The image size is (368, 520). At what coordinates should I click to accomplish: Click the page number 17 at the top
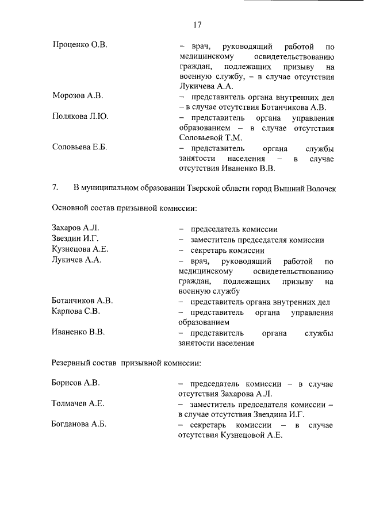pyautogui.click(x=197, y=25)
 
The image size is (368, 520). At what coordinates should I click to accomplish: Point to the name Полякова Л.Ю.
pyautogui.click(x=80, y=117)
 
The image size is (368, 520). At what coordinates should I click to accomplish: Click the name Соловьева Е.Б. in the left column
pyautogui.click(x=79, y=148)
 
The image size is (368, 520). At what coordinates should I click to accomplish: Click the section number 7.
pyautogui.click(x=55, y=187)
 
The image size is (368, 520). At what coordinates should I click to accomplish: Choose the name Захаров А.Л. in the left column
pyautogui.click(x=75, y=229)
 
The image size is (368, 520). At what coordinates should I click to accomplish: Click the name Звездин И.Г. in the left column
pyautogui.click(x=75, y=239)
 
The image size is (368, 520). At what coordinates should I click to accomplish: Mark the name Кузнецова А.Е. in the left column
pyautogui.click(x=80, y=249)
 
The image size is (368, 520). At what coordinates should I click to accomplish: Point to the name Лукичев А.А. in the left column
pyautogui.click(x=76, y=260)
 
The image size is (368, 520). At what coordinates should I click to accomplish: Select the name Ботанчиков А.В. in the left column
pyautogui.click(x=82, y=301)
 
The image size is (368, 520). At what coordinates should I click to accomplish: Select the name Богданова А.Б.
pyautogui.click(x=79, y=425)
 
